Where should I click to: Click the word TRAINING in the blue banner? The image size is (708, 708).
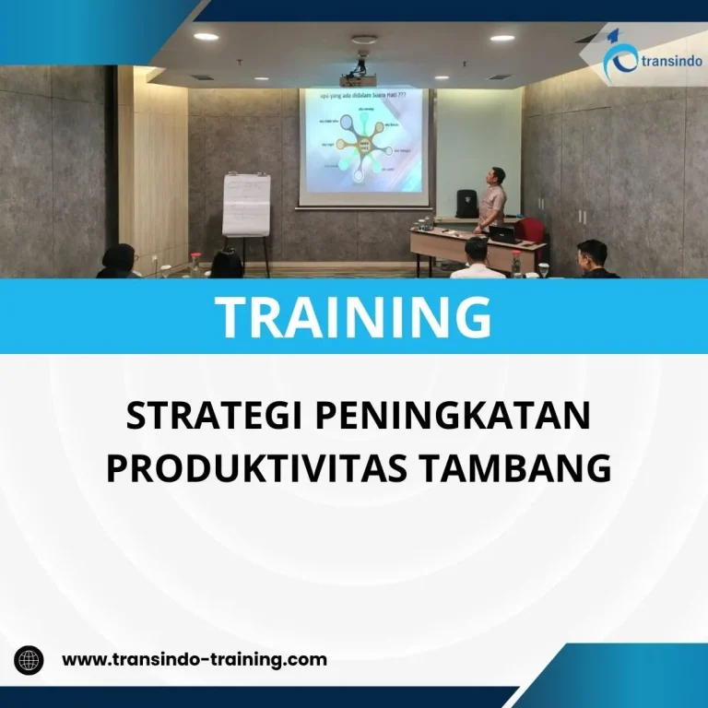click(354, 316)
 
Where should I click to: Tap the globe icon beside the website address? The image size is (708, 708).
click(29, 659)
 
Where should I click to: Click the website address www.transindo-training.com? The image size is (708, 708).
click(194, 659)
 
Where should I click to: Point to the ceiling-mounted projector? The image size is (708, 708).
click(361, 64)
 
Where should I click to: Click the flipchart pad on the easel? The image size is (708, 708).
click(246, 204)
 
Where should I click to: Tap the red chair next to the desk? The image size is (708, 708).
click(529, 230)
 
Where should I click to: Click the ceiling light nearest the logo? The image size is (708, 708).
click(502, 38)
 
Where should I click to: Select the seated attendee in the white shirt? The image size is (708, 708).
click(477, 260)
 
